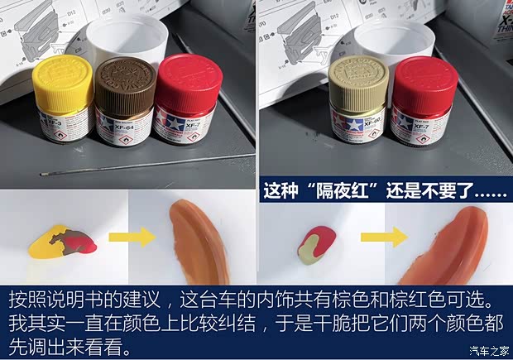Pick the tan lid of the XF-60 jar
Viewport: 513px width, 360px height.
click(359, 75)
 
